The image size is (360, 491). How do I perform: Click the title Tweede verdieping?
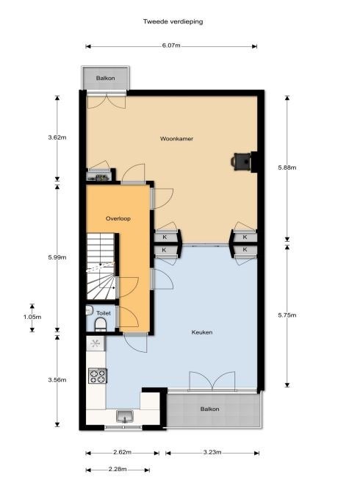pos(173,21)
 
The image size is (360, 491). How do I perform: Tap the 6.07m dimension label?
pos(171,46)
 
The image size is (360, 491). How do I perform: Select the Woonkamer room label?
pos(176,138)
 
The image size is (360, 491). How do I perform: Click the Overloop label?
pos(118,218)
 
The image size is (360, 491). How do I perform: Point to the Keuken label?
pos(202,332)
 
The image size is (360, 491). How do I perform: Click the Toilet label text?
pos(104,313)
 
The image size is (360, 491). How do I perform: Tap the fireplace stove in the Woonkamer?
pos(242,162)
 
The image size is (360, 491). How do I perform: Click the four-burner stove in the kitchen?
pos(98,376)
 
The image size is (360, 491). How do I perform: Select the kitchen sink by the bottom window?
pos(125,417)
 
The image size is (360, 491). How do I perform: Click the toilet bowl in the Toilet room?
pos(101,324)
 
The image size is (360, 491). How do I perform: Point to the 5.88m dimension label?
pos(287,168)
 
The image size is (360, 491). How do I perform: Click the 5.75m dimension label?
pos(287,315)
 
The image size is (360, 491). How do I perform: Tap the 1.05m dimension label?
pos(32,317)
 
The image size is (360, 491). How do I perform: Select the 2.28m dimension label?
pos(118,469)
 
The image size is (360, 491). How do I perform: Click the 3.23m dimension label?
pos(212,452)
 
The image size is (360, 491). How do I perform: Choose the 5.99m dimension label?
pos(57,257)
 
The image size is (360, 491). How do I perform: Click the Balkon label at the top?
pos(106,78)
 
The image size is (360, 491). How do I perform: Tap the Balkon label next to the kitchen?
pos(209,409)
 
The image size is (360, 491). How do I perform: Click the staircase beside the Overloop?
pos(101,266)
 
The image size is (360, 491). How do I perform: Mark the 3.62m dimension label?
pos(57,137)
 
